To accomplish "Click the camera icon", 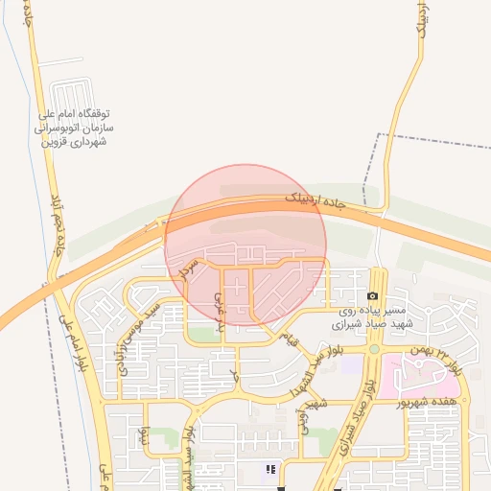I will tap(373, 296).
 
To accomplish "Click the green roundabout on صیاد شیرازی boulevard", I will tap(374, 349).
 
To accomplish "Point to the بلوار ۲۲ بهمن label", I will tap(434, 358).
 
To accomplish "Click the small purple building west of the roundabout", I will tap(352, 365).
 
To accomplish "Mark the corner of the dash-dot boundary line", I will tap(379, 135).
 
